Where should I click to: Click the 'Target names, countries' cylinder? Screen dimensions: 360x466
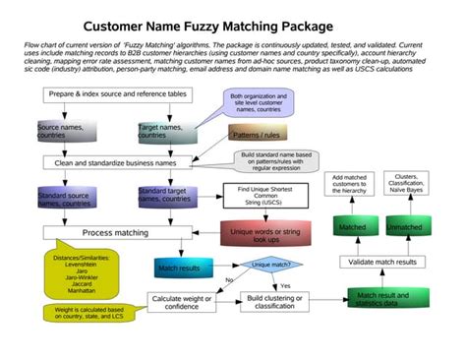click(161, 130)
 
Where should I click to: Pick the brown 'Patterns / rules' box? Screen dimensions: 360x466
click(258, 131)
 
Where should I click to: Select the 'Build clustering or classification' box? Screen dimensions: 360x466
click(275, 301)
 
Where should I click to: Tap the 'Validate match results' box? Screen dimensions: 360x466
click(384, 262)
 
